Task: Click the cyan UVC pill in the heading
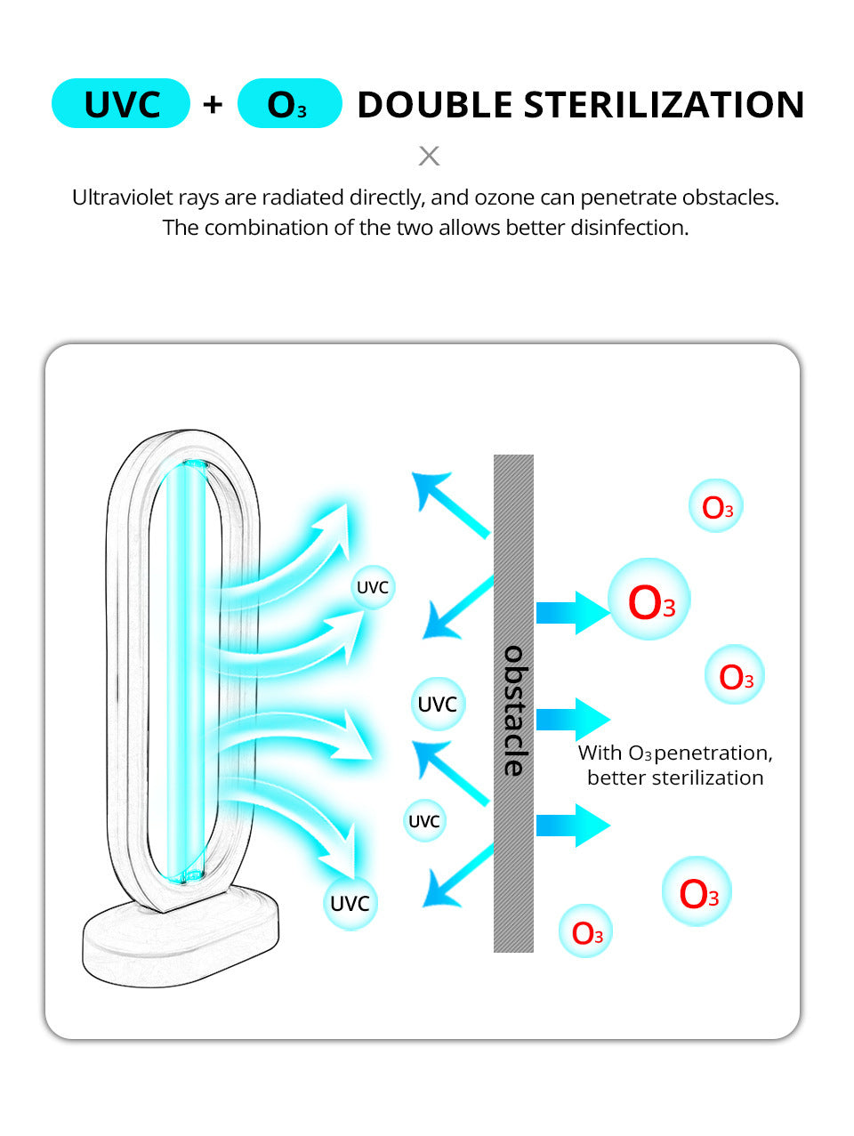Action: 121,104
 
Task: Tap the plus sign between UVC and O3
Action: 213,105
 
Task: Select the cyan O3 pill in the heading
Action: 289,104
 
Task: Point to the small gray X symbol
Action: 429,156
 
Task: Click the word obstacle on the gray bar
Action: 514,710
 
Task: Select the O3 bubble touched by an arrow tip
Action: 649,602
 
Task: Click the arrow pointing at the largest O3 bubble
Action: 572,611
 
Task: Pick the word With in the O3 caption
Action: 600,753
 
